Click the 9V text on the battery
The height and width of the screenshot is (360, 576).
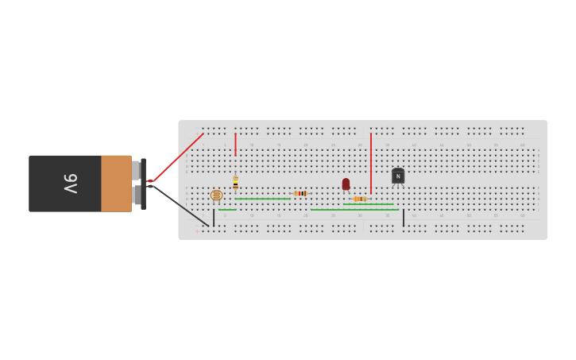click(71, 184)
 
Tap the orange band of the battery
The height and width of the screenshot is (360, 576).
click(116, 184)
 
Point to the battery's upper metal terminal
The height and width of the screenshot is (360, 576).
click(136, 170)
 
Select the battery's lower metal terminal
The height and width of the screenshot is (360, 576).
click(137, 195)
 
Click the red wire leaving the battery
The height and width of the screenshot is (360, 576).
click(176, 157)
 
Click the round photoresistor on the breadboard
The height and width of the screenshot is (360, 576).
click(216, 195)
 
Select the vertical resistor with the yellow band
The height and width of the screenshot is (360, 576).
click(235, 181)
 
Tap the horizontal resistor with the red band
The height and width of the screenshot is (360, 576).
click(300, 193)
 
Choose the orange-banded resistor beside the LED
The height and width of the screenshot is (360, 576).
click(360, 199)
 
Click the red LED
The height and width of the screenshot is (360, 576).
click(346, 184)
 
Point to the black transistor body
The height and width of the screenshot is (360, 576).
click(398, 176)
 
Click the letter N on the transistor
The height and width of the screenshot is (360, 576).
click(398, 176)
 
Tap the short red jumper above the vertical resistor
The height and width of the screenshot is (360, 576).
click(235, 144)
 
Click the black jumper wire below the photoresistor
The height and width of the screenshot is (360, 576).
click(213, 218)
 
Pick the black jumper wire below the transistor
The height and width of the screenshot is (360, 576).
click(403, 218)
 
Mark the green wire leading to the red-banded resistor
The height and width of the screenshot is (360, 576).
click(263, 199)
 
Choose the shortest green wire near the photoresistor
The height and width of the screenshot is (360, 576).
click(227, 210)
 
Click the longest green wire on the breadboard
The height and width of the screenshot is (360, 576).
click(354, 210)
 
